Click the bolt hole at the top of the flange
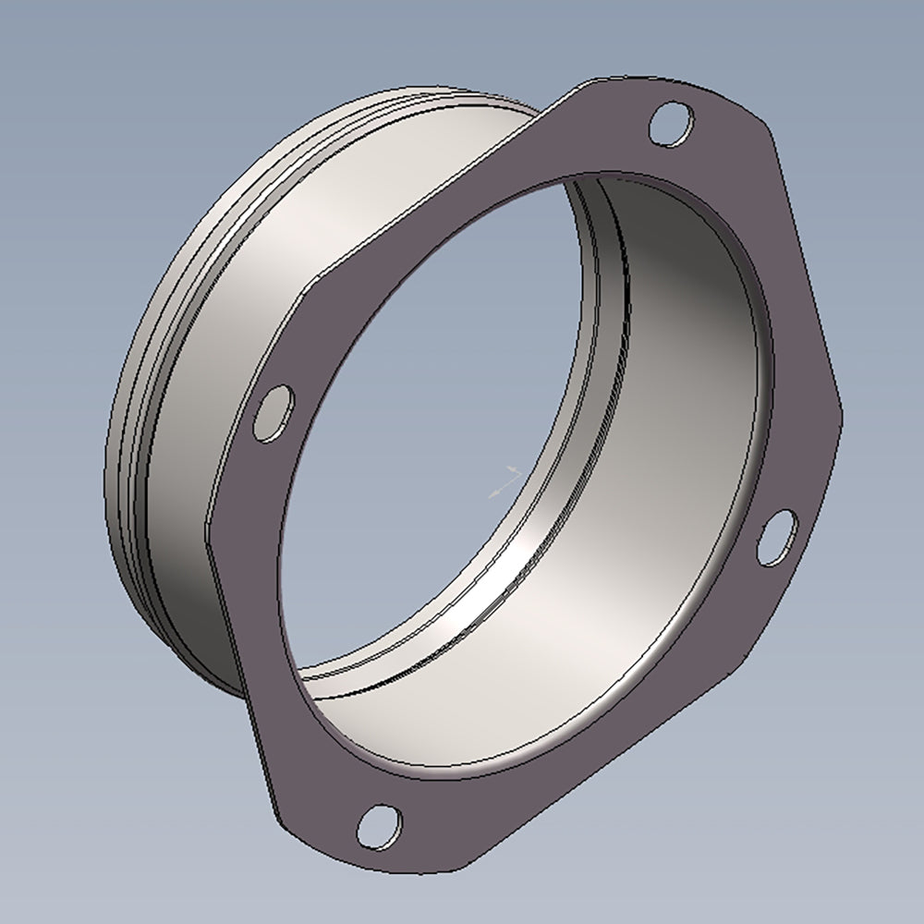click(x=671, y=125)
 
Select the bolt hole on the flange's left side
click(x=274, y=412)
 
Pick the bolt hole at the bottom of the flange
click(x=379, y=826)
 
